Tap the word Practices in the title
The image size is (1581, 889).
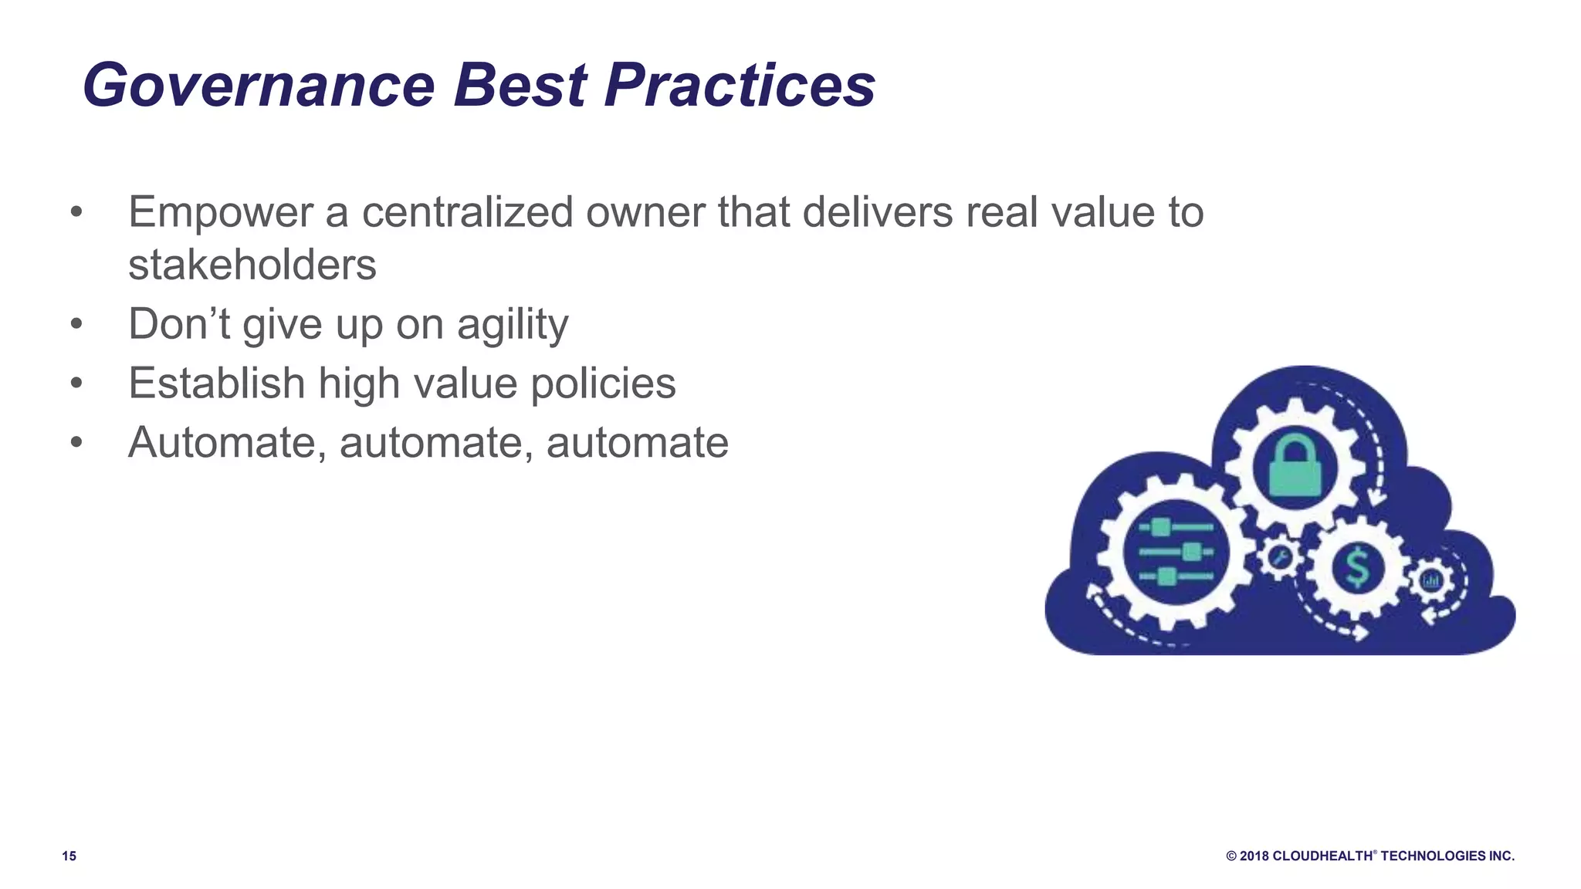coord(740,85)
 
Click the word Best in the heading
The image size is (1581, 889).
coord(520,85)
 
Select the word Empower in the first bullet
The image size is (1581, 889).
coord(220,212)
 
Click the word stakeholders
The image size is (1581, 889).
coord(252,265)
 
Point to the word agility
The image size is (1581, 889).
coord(513,324)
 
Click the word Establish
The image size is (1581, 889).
coord(217,384)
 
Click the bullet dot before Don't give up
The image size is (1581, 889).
coord(76,324)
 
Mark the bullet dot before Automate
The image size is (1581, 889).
coord(76,443)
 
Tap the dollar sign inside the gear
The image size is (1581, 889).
coord(1357,567)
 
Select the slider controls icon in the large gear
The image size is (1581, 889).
coord(1175,552)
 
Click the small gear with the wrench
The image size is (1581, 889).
coord(1280,557)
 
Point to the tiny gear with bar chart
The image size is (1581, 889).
coord(1431,580)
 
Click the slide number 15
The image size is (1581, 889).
coord(69,856)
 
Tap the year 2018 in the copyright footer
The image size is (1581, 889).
coord(1254,856)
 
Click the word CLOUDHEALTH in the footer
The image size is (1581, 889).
coord(1322,856)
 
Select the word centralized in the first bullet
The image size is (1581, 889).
coord(467,212)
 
